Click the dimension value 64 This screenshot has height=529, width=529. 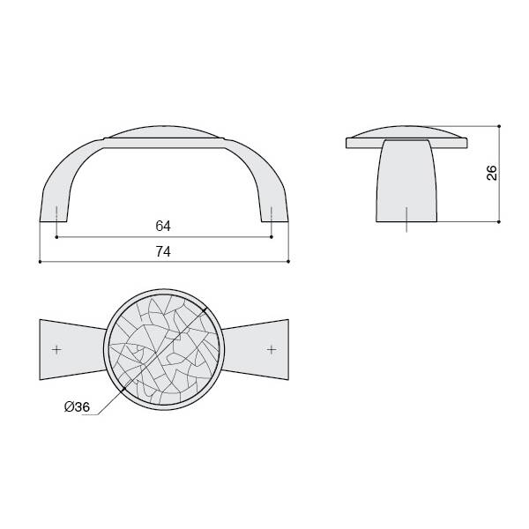pyautogui.click(x=163, y=226)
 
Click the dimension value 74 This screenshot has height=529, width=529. pyautogui.click(x=163, y=251)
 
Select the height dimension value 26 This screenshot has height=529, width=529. pyautogui.click(x=492, y=173)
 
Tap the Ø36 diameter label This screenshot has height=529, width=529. pyautogui.click(x=78, y=406)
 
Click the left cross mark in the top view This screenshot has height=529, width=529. pyautogui.click(x=56, y=349)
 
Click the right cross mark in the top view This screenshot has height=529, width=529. pyautogui.click(x=272, y=349)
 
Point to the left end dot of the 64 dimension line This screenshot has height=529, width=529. pyautogui.click(x=56, y=237)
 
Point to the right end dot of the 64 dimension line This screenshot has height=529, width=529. pyautogui.click(x=272, y=237)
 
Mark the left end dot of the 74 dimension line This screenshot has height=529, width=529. pyautogui.click(x=40, y=262)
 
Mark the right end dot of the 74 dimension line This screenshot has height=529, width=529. pyautogui.click(x=288, y=262)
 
